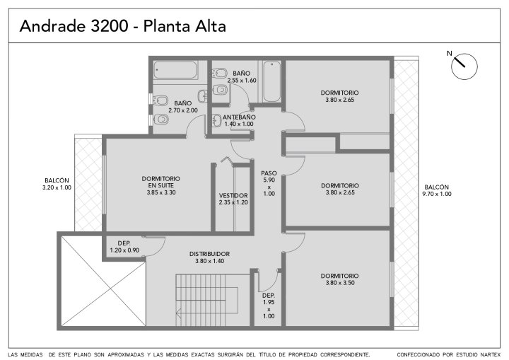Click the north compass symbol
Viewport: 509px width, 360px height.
[464, 66]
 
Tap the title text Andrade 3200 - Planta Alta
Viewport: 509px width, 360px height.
[123, 26]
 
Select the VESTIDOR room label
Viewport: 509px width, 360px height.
[233, 196]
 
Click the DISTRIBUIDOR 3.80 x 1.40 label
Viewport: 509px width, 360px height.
[210, 257]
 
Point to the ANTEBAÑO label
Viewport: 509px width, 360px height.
[239, 117]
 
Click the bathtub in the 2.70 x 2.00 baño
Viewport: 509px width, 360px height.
[175, 71]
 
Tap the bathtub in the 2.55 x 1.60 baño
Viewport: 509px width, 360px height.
[271, 81]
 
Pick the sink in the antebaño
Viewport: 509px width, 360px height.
[216, 120]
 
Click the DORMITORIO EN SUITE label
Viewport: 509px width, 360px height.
[161, 182]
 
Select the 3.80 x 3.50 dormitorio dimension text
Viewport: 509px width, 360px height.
[340, 283]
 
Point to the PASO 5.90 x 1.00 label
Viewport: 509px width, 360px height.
[269, 183]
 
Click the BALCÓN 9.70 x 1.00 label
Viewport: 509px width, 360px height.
[437, 190]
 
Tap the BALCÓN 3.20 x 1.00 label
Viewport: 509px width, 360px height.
[57, 184]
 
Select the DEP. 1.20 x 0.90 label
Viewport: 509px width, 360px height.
[124, 247]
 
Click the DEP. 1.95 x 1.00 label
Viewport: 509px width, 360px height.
[269, 306]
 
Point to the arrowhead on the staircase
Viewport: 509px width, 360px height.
[178, 313]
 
